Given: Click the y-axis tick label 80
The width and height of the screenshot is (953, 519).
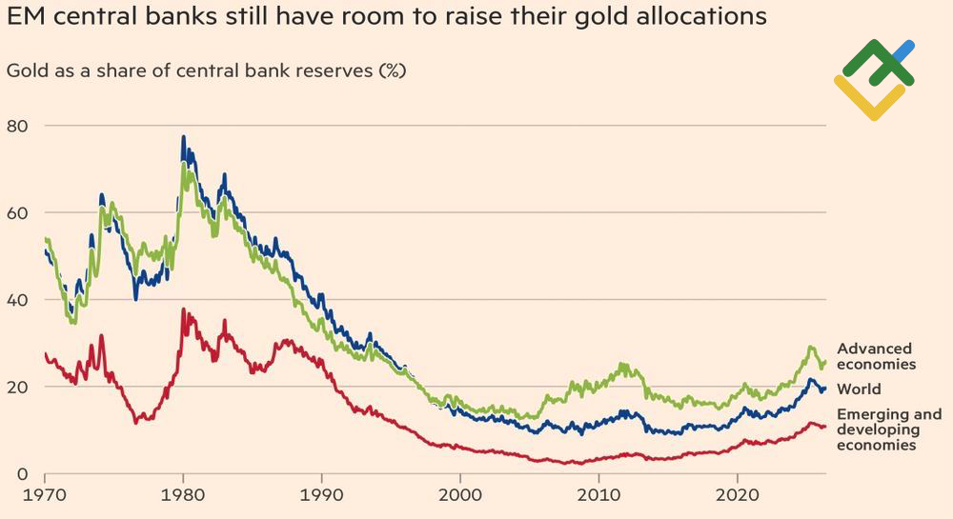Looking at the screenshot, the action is [x=17, y=126].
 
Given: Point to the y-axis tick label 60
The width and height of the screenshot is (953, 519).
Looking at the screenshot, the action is [x=17, y=213].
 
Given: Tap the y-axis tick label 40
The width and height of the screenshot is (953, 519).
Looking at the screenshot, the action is [x=17, y=300].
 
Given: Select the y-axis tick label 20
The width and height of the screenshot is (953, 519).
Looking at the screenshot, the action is [x=17, y=388].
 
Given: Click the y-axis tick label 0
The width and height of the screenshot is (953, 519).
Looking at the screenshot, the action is [x=23, y=474].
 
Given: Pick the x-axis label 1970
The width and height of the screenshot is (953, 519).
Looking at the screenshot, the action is [x=45, y=495].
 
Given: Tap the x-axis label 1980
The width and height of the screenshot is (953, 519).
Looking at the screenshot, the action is [x=183, y=495].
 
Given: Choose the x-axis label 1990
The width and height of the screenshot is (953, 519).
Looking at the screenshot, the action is [x=321, y=495].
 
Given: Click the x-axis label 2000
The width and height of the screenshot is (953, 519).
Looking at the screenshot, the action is [x=460, y=495].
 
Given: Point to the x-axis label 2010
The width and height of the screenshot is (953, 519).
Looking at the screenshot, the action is [x=598, y=495].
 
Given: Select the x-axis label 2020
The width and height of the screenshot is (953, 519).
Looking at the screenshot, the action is [x=738, y=495].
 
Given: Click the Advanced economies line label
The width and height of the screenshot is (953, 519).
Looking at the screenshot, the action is [x=876, y=356].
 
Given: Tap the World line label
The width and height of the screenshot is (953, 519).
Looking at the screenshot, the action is [x=859, y=389].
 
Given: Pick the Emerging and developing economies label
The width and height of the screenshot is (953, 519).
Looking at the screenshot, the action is [x=889, y=429].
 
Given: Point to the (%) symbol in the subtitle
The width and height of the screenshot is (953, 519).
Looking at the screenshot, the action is [x=392, y=71].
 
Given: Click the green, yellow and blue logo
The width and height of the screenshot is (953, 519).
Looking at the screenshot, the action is [x=875, y=79].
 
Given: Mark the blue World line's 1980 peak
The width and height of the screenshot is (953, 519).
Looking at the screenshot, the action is [x=183, y=137].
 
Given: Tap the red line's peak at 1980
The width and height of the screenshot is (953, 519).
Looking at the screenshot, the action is [x=183, y=309].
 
